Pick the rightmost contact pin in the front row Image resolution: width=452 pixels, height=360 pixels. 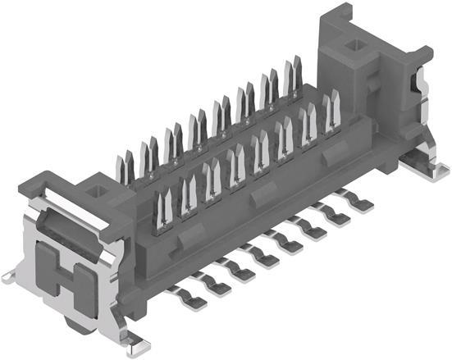(331, 115)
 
